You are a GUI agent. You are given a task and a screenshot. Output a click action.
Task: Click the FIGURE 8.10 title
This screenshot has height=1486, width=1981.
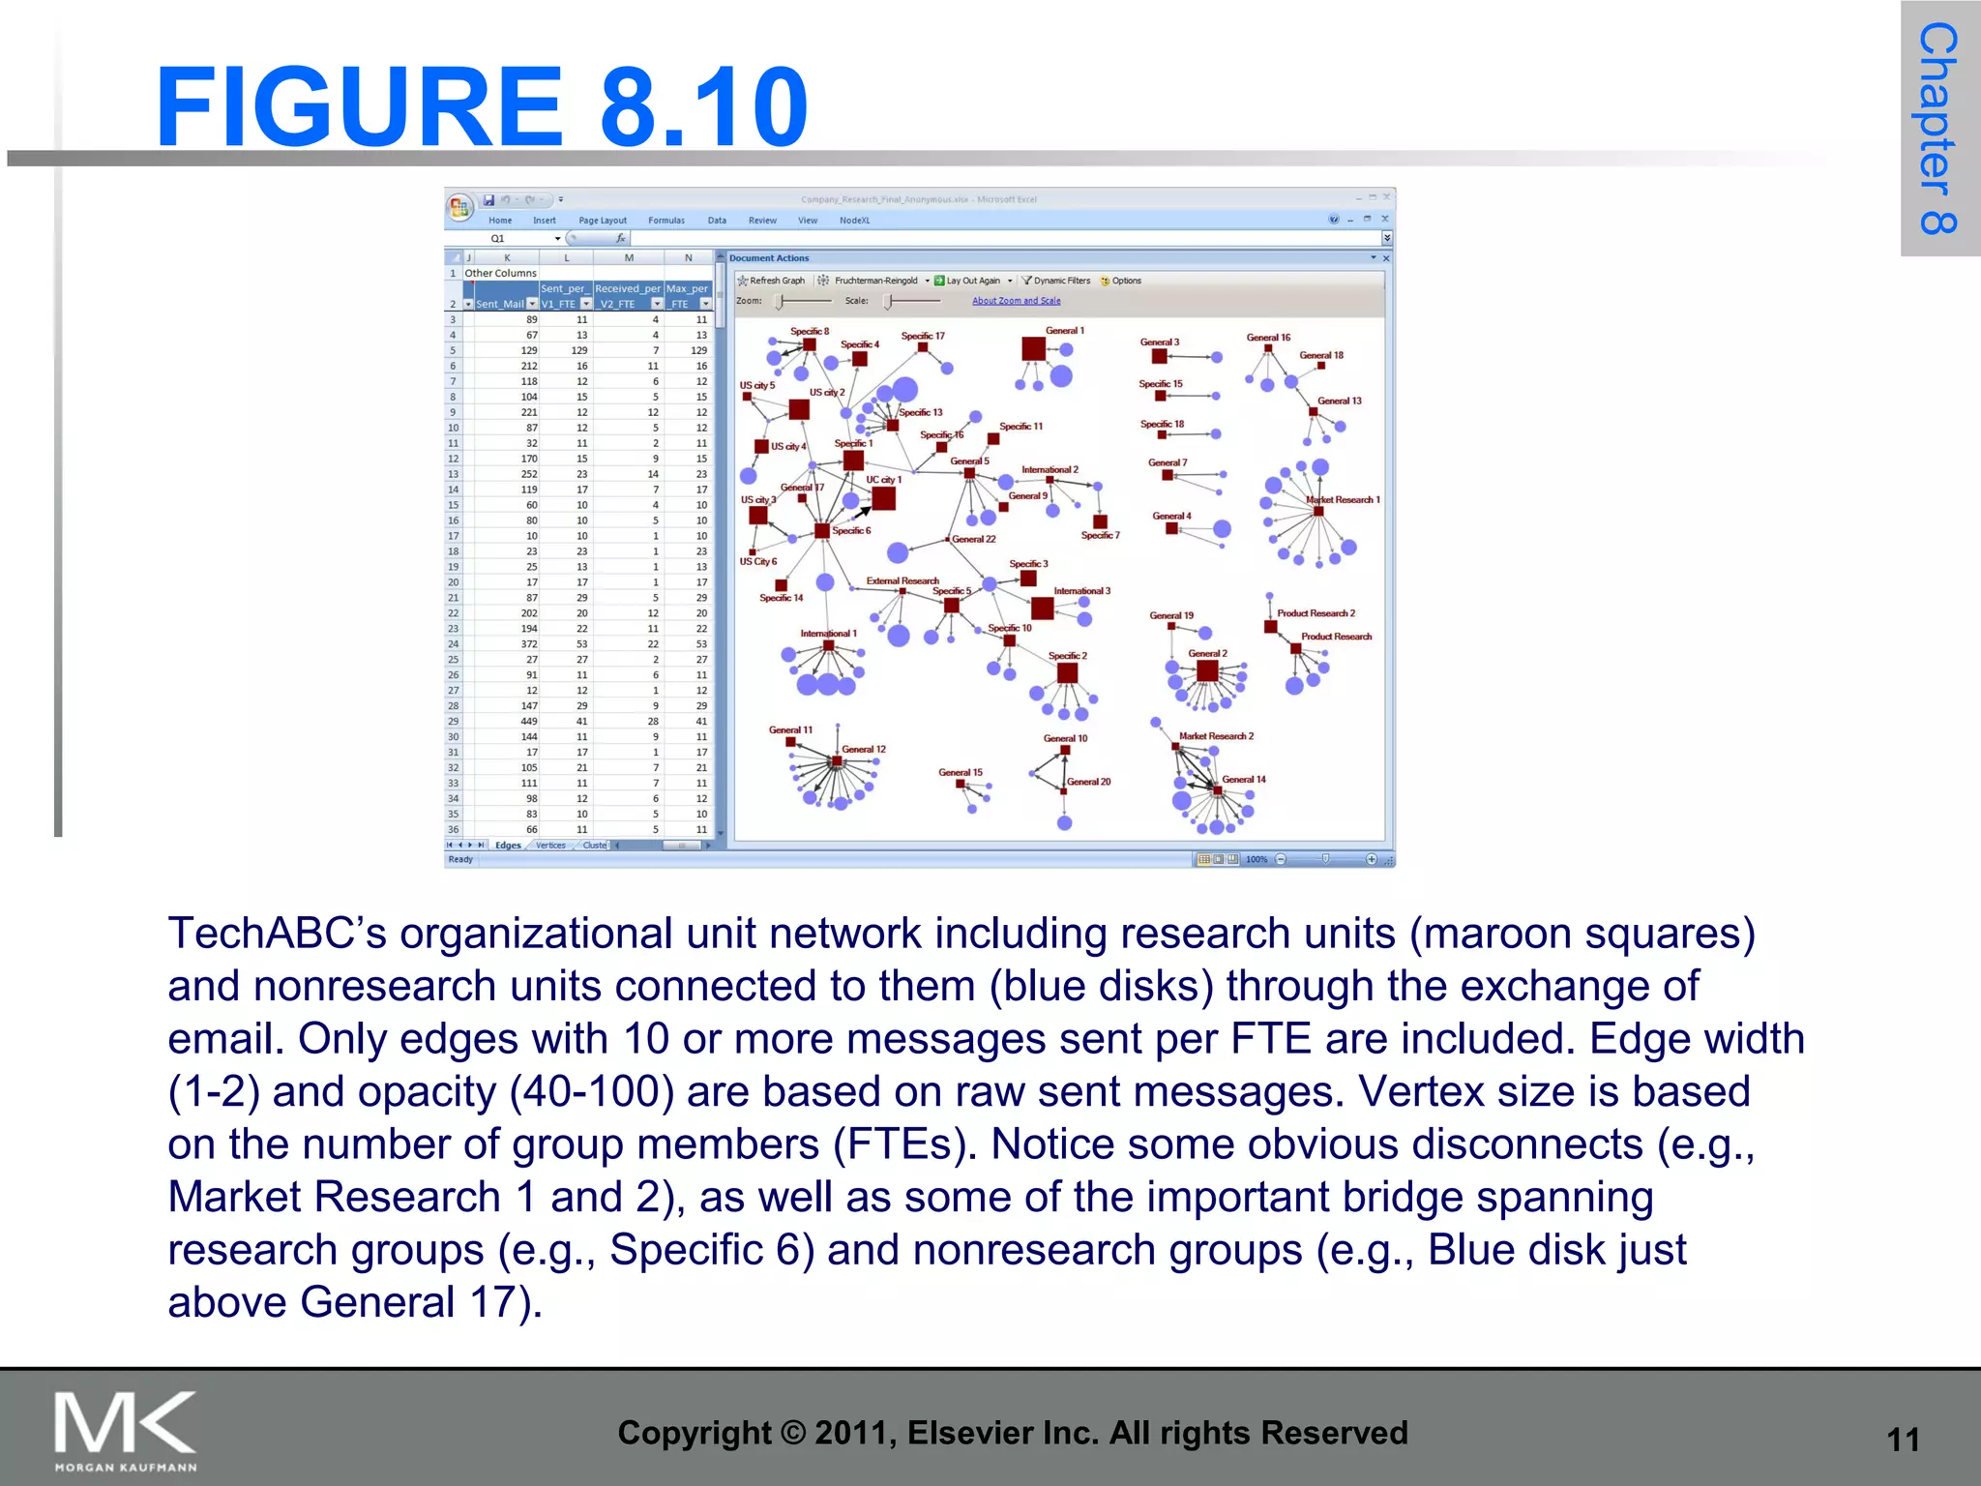tap(481, 106)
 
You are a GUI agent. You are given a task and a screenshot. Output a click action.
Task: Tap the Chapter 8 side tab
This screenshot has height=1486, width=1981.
tap(1938, 128)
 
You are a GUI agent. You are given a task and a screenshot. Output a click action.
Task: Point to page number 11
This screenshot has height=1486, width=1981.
tap(1902, 1440)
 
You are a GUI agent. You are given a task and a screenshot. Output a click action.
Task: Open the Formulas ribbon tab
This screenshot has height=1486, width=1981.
tap(665, 221)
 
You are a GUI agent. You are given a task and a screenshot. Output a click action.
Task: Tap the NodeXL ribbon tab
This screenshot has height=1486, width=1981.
tap(854, 221)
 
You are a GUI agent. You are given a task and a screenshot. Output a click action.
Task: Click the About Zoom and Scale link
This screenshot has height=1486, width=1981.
tap(1016, 301)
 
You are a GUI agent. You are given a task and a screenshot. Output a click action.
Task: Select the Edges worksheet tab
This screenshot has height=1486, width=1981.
tap(508, 846)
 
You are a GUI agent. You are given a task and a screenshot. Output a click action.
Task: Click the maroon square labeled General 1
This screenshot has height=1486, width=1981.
tap(1033, 348)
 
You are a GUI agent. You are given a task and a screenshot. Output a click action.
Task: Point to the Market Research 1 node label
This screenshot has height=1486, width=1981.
tap(1344, 500)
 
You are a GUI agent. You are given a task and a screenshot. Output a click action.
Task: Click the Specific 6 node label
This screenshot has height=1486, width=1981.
tap(851, 530)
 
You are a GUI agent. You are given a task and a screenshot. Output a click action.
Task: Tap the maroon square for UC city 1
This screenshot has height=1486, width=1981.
tap(883, 498)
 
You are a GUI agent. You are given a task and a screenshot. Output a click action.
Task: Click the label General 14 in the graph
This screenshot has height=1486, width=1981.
tap(1243, 779)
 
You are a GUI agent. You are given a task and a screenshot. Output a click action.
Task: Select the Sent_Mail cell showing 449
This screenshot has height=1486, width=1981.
tap(528, 722)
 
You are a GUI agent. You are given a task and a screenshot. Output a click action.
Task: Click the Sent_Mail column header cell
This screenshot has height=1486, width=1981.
tap(499, 304)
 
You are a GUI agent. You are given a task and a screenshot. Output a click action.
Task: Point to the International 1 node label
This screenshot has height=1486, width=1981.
tap(828, 634)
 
